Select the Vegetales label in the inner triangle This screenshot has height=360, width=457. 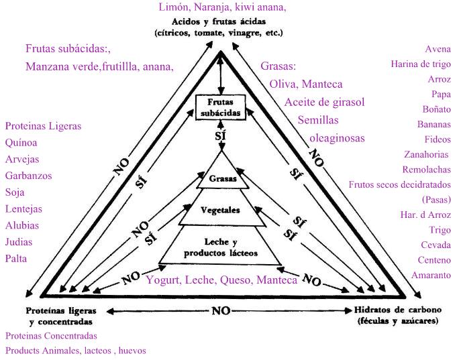[221, 209]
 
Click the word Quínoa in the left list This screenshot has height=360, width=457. [21, 142]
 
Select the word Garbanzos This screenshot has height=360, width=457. [28, 176]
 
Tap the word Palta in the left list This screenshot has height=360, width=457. [17, 258]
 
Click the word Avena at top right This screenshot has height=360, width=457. [438, 49]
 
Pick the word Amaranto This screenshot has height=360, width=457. [431, 275]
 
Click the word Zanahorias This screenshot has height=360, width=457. [427, 154]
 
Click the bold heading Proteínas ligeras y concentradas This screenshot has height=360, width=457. [61, 316]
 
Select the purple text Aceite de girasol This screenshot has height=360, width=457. [324, 103]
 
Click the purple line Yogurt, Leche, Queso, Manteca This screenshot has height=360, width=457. [221, 280]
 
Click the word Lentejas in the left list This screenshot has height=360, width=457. [23, 208]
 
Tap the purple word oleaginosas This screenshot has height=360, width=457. [337, 137]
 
